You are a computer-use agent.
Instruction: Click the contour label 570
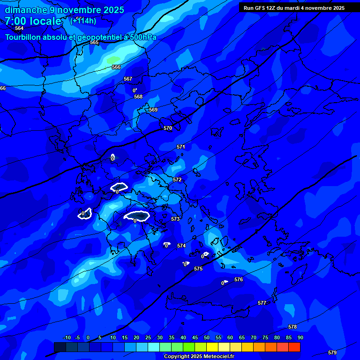(x=168, y=128)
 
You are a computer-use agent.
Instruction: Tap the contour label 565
(x=94, y=43)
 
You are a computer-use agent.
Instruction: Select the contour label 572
(x=177, y=180)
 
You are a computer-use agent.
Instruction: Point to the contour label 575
(x=198, y=269)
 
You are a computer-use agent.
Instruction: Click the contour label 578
(x=292, y=327)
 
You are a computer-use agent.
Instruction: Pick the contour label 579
(x=332, y=352)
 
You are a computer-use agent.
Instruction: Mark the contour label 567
(x=128, y=79)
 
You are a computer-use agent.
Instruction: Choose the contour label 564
(x=19, y=28)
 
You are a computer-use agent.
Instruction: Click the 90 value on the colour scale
(x=300, y=337)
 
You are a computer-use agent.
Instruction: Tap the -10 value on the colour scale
(x=67, y=337)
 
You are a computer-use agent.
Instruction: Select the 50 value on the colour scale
(x=207, y=337)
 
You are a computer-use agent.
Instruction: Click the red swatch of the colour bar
(x=294, y=347)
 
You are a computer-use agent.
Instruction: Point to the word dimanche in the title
(x=26, y=10)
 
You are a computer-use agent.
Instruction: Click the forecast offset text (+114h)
(x=83, y=21)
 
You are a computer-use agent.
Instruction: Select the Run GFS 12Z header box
(x=294, y=7)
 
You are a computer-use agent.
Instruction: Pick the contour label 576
(x=239, y=279)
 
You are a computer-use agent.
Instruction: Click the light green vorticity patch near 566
(x=113, y=60)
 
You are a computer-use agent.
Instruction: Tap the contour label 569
(x=153, y=110)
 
